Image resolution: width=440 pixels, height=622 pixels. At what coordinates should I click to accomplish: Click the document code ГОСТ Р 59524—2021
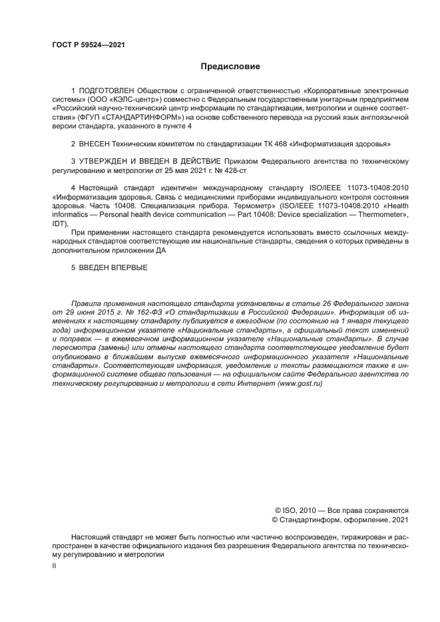pyautogui.click(x=89, y=45)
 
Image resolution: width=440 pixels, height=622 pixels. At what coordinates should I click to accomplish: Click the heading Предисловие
pyautogui.click(x=230, y=67)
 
